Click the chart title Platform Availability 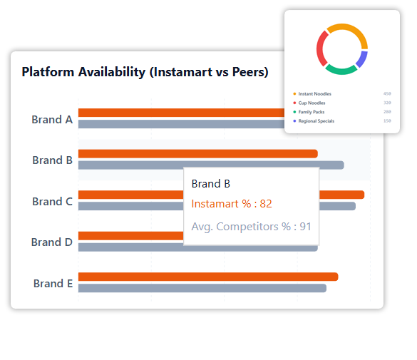[x=145, y=72]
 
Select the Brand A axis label [x=52, y=120]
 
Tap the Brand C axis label [x=52, y=202]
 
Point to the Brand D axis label [x=52, y=242]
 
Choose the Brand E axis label [x=53, y=284]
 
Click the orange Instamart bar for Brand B [x=197, y=154]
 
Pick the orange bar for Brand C [x=342, y=195]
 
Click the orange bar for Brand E [x=207, y=277]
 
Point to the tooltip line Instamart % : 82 [x=232, y=204]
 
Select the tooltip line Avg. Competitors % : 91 [x=251, y=227]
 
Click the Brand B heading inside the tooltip [x=211, y=184]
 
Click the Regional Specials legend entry [x=316, y=121]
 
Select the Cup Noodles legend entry [x=312, y=103]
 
